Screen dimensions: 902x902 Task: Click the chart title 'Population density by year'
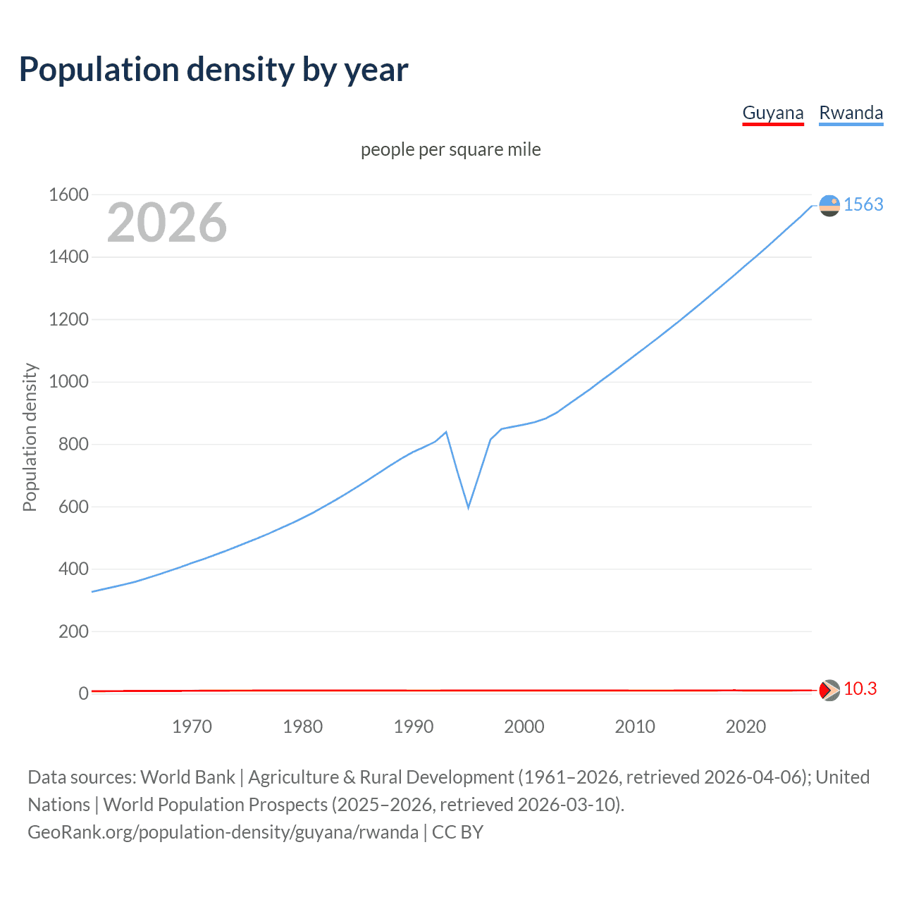[x=214, y=70]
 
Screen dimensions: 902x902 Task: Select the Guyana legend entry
[x=773, y=113]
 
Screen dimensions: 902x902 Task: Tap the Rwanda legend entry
[x=851, y=113]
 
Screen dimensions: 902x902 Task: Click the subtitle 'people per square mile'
[x=451, y=149]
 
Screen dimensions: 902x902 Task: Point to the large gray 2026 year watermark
[x=167, y=223]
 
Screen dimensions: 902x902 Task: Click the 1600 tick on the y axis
[x=68, y=194]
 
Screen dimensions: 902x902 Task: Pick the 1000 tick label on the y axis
[x=68, y=382]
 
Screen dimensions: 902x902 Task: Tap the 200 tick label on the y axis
[x=73, y=631]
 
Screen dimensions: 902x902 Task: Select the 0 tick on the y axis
[x=83, y=693]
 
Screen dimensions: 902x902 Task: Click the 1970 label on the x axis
[x=192, y=727]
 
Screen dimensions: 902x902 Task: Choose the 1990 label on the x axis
[x=414, y=727]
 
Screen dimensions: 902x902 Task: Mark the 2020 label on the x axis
[x=746, y=727]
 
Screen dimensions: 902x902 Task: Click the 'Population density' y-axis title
[x=30, y=437]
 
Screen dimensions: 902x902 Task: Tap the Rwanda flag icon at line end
[x=829, y=205]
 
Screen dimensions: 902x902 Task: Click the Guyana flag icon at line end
[x=829, y=690]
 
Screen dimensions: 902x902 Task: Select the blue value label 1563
[x=863, y=204]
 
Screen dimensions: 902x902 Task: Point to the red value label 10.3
[x=860, y=688]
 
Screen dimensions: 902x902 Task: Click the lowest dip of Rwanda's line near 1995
[x=468, y=507]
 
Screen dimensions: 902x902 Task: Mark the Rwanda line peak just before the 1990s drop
[x=446, y=432]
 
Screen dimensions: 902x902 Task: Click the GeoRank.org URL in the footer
[x=223, y=832]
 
